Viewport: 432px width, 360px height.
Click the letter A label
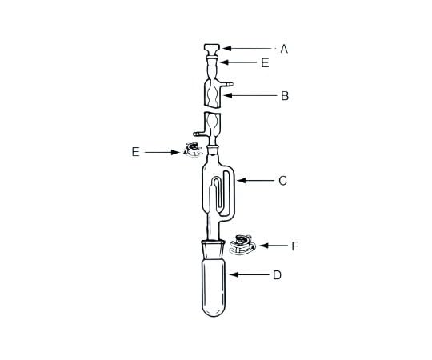(284, 49)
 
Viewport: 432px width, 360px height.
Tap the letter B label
(284, 96)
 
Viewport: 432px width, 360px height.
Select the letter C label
(282, 182)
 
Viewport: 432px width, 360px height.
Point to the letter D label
(277, 275)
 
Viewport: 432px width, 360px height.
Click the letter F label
(294, 246)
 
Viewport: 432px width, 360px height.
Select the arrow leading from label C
(254, 182)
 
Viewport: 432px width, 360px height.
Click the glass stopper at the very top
(213, 50)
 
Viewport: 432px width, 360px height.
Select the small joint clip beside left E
(192, 150)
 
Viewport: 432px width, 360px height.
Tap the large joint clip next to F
(242, 243)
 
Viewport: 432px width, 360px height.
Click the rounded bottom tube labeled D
(214, 284)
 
